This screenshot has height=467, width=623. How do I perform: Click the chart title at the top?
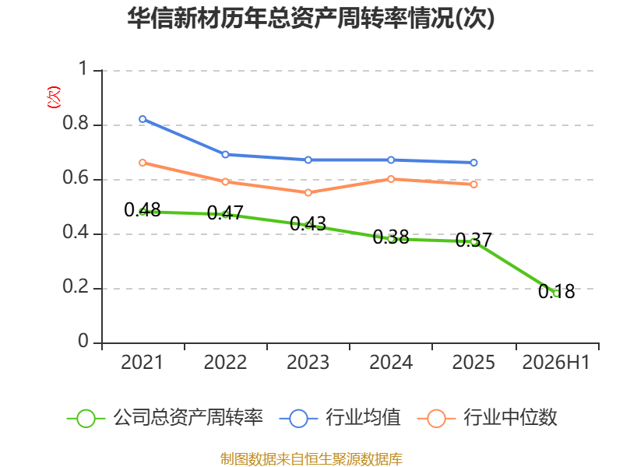point(311,18)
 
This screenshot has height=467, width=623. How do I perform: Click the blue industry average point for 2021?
point(143,119)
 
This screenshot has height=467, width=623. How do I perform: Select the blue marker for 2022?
point(225,154)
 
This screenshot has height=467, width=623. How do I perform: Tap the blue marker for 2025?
point(473,163)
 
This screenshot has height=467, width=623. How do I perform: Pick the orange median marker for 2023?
point(308,192)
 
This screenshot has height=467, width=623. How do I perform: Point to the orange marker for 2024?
point(391,179)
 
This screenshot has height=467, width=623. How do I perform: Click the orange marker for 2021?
point(143,163)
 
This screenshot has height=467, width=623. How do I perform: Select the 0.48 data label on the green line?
point(143,209)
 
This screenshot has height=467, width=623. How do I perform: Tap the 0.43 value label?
point(308,223)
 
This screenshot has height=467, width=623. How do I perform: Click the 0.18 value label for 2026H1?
point(556,291)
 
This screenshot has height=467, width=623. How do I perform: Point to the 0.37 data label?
point(473,240)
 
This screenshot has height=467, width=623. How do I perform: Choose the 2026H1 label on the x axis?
point(556,362)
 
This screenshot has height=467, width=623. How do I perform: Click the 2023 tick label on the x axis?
point(308,362)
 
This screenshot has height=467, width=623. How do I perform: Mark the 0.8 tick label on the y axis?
point(76,123)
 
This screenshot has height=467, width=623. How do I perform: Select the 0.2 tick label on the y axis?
point(76,286)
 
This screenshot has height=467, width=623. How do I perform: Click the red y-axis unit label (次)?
point(54,97)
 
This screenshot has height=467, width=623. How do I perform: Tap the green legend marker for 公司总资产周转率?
point(86,419)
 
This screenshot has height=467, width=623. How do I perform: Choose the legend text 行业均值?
point(363,418)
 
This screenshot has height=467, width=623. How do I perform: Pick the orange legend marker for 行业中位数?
point(436,419)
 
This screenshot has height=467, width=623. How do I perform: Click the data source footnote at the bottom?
point(311,458)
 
